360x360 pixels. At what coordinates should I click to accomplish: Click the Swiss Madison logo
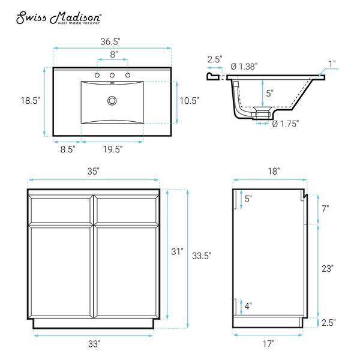coord(59,17)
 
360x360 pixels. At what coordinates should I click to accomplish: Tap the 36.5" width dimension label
coord(110,41)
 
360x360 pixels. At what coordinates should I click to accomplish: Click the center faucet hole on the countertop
coord(112,75)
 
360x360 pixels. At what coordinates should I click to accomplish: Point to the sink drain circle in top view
coord(112,101)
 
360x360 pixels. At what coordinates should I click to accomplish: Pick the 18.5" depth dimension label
coord(31,101)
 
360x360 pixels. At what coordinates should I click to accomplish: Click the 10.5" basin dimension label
coord(189,101)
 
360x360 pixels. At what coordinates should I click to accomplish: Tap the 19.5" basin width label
coord(113,149)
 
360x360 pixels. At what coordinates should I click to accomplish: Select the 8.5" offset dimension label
coord(68,149)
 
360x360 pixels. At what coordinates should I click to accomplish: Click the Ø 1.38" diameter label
coord(244,67)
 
